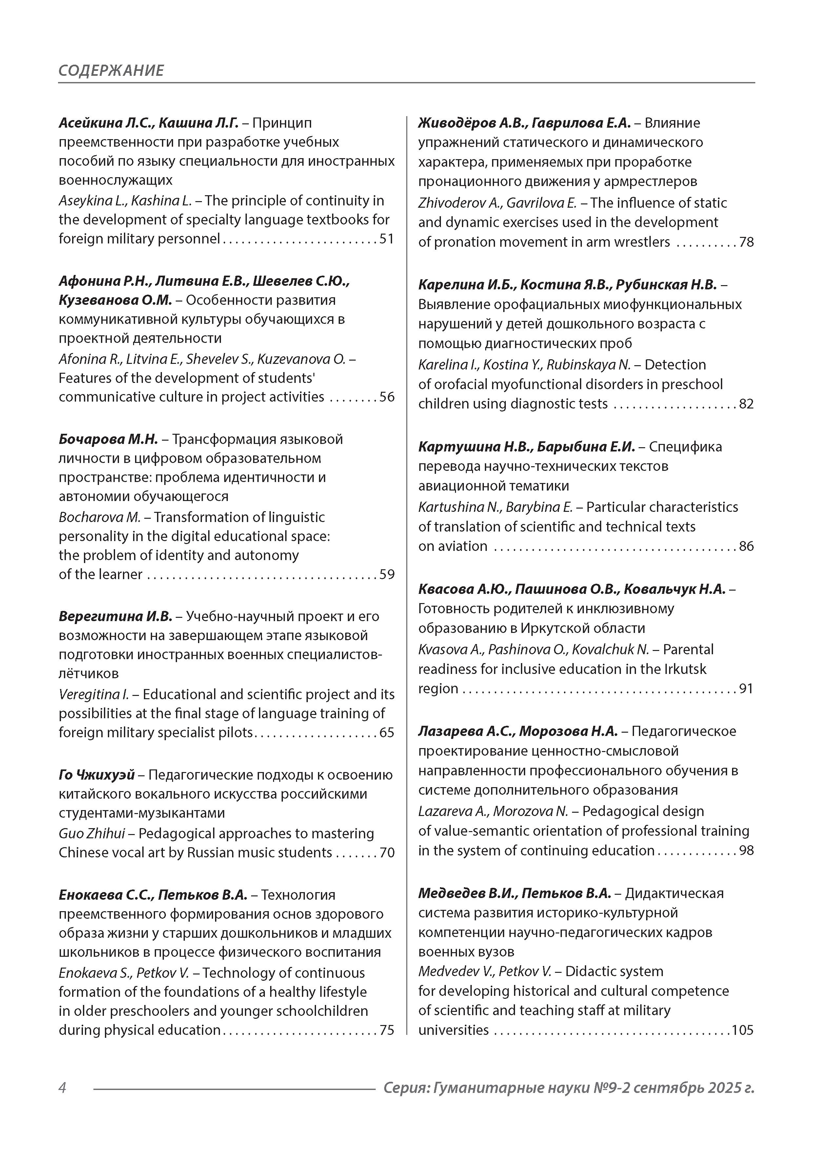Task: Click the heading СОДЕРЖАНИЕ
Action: click(111, 70)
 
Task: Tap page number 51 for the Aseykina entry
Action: click(387, 239)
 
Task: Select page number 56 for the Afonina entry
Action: click(387, 397)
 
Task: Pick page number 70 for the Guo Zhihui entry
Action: click(387, 853)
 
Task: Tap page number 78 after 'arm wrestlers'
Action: click(746, 242)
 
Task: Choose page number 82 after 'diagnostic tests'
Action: click(746, 404)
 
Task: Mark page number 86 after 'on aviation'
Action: click(746, 546)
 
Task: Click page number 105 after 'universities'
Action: click(743, 1030)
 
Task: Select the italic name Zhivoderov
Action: click(448, 203)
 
